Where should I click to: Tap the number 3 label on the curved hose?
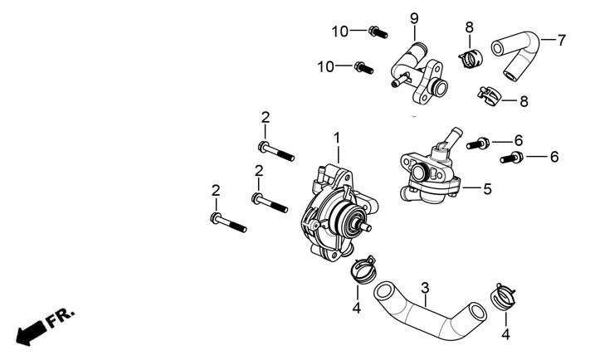click(425, 289)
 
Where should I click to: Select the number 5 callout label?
click(487, 189)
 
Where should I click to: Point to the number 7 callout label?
click(561, 40)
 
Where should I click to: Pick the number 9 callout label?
click(413, 18)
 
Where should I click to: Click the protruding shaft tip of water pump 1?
click(364, 225)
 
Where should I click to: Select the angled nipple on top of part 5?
click(452, 135)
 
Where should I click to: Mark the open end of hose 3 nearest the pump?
click(383, 291)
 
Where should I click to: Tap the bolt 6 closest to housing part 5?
click(480, 144)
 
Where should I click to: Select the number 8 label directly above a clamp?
click(469, 27)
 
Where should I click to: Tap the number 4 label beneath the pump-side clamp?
click(357, 309)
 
